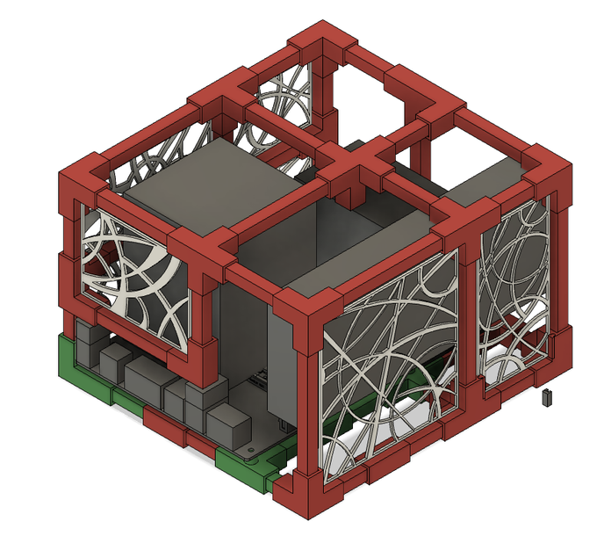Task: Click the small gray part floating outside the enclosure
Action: click(x=547, y=397)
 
